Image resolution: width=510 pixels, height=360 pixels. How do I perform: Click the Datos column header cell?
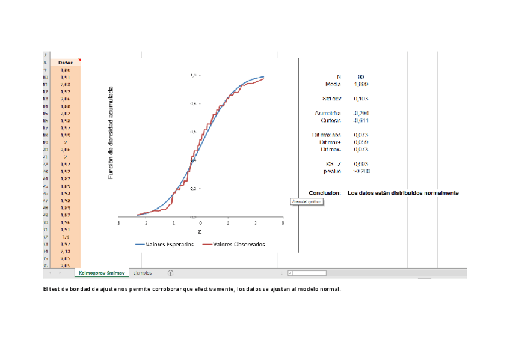66,63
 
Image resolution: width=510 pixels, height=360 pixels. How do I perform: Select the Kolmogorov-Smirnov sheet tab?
102,273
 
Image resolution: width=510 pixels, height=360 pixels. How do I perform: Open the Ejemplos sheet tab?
143,273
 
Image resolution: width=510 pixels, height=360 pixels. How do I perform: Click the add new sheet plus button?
170,273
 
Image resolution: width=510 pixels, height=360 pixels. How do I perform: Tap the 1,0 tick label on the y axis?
194,75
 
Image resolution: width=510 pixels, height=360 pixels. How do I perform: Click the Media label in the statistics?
333,85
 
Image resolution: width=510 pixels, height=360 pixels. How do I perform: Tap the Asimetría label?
328,113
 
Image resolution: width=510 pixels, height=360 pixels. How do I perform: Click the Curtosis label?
330,120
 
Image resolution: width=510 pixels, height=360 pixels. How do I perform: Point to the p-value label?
332,171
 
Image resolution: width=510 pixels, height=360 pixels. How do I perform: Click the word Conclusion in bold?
325,193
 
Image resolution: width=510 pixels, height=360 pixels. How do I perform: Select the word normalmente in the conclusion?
441,193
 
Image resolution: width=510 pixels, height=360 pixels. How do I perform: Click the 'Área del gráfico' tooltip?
307,202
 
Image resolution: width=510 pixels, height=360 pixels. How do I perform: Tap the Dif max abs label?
327,135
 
